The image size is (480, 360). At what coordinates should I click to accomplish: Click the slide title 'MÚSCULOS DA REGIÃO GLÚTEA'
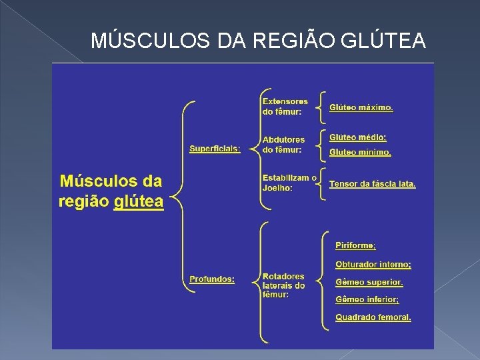(x=257, y=41)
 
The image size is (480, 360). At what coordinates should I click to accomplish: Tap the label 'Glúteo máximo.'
(x=361, y=107)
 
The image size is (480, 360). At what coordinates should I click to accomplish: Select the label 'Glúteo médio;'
(x=357, y=137)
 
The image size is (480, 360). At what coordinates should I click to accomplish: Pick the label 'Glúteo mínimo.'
(x=360, y=153)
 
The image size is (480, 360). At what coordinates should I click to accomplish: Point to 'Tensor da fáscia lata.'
(x=372, y=183)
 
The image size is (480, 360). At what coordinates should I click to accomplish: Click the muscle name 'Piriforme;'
(x=355, y=246)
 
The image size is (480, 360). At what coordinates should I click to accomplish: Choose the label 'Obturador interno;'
(x=373, y=265)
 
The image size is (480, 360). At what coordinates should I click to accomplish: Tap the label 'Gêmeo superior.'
(x=369, y=283)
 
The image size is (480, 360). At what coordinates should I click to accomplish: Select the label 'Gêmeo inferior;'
(x=367, y=300)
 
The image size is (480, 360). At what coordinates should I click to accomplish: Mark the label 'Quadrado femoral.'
(x=373, y=317)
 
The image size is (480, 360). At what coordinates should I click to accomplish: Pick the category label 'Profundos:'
(x=212, y=279)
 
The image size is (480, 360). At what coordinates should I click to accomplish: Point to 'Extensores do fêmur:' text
(x=285, y=106)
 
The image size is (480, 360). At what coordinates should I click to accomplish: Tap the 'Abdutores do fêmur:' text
(x=283, y=145)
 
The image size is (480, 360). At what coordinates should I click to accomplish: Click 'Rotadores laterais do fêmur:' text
(x=283, y=285)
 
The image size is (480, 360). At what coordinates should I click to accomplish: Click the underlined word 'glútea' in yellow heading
(x=139, y=202)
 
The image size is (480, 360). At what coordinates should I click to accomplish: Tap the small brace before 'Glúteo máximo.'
(x=322, y=107)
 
